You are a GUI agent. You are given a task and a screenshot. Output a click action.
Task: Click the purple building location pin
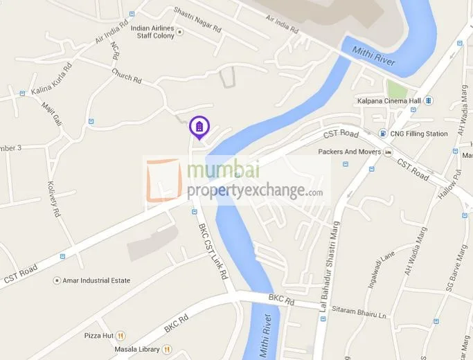tap(199, 127)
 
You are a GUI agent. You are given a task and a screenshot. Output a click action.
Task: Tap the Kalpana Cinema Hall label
tap(389, 101)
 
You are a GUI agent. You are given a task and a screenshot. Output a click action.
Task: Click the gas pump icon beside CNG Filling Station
tap(382, 134)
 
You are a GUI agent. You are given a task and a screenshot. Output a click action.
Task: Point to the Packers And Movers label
tap(350, 152)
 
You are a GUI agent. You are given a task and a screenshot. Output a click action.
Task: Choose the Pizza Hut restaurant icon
tap(121, 335)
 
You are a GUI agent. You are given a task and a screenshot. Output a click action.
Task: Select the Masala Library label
tap(137, 350)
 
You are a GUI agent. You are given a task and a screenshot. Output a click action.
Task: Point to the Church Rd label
tap(126, 75)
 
